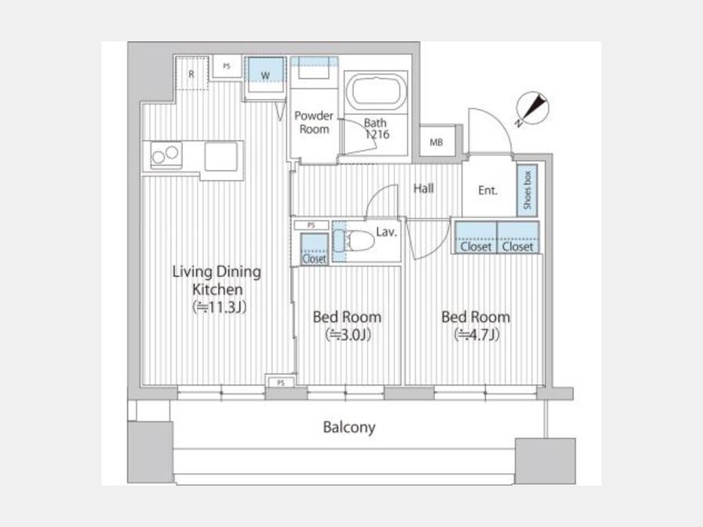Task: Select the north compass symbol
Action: coord(533,109)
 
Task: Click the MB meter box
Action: coord(437,142)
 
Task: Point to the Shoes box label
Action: coord(527,190)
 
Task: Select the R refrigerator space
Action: coord(191,73)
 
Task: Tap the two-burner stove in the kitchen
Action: coord(166,155)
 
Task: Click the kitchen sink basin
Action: coord(221,156)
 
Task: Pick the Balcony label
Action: coord(349,427)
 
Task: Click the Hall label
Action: coord(423,188)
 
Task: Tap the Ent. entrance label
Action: coord(487,191)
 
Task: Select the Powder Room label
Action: coord(314,123)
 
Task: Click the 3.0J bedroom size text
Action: coord(348,335)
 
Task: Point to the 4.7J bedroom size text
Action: coord(476,335)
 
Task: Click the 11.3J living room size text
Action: coord(219,308)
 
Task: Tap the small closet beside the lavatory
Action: coord(314,249)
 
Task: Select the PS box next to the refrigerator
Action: coord(227,66)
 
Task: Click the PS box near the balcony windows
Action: coord(280,383)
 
